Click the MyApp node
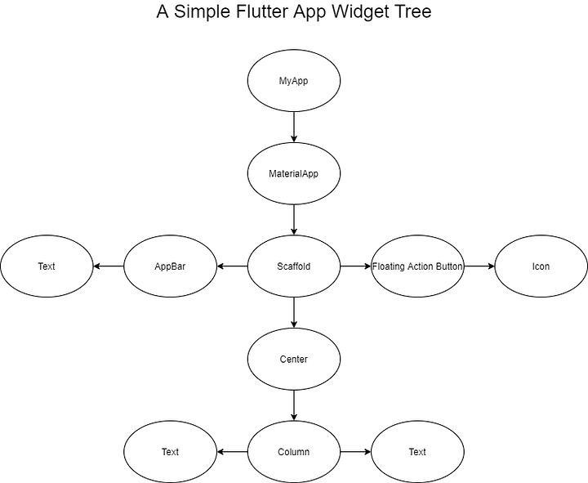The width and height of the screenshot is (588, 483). click(293, 81)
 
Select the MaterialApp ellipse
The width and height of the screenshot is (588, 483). click(293, 173)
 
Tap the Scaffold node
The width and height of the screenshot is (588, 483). click(293, 266)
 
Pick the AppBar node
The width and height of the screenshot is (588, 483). click(170, 266)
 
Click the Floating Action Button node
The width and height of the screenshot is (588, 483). click(417, 266)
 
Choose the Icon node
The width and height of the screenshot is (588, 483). click(541, 266)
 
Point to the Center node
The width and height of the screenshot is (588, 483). click(293, 359)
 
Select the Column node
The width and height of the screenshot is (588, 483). click(293, 452)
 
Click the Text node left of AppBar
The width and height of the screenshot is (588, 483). click(47, 266)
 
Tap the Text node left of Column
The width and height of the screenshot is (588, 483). click(170, 452)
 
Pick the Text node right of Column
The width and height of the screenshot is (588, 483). click(417, 452)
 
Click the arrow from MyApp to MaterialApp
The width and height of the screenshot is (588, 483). click(293, 127)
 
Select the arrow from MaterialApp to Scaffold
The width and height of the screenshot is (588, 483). click(293, 220)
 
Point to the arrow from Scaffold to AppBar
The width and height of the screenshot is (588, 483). click(232, 266)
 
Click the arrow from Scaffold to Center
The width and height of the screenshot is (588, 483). click(293, 312)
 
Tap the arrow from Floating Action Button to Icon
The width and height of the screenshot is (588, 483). click(479, 266)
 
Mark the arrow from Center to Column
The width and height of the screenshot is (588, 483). click(293, 405)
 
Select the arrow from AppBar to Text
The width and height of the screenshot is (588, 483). click(109, 266)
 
